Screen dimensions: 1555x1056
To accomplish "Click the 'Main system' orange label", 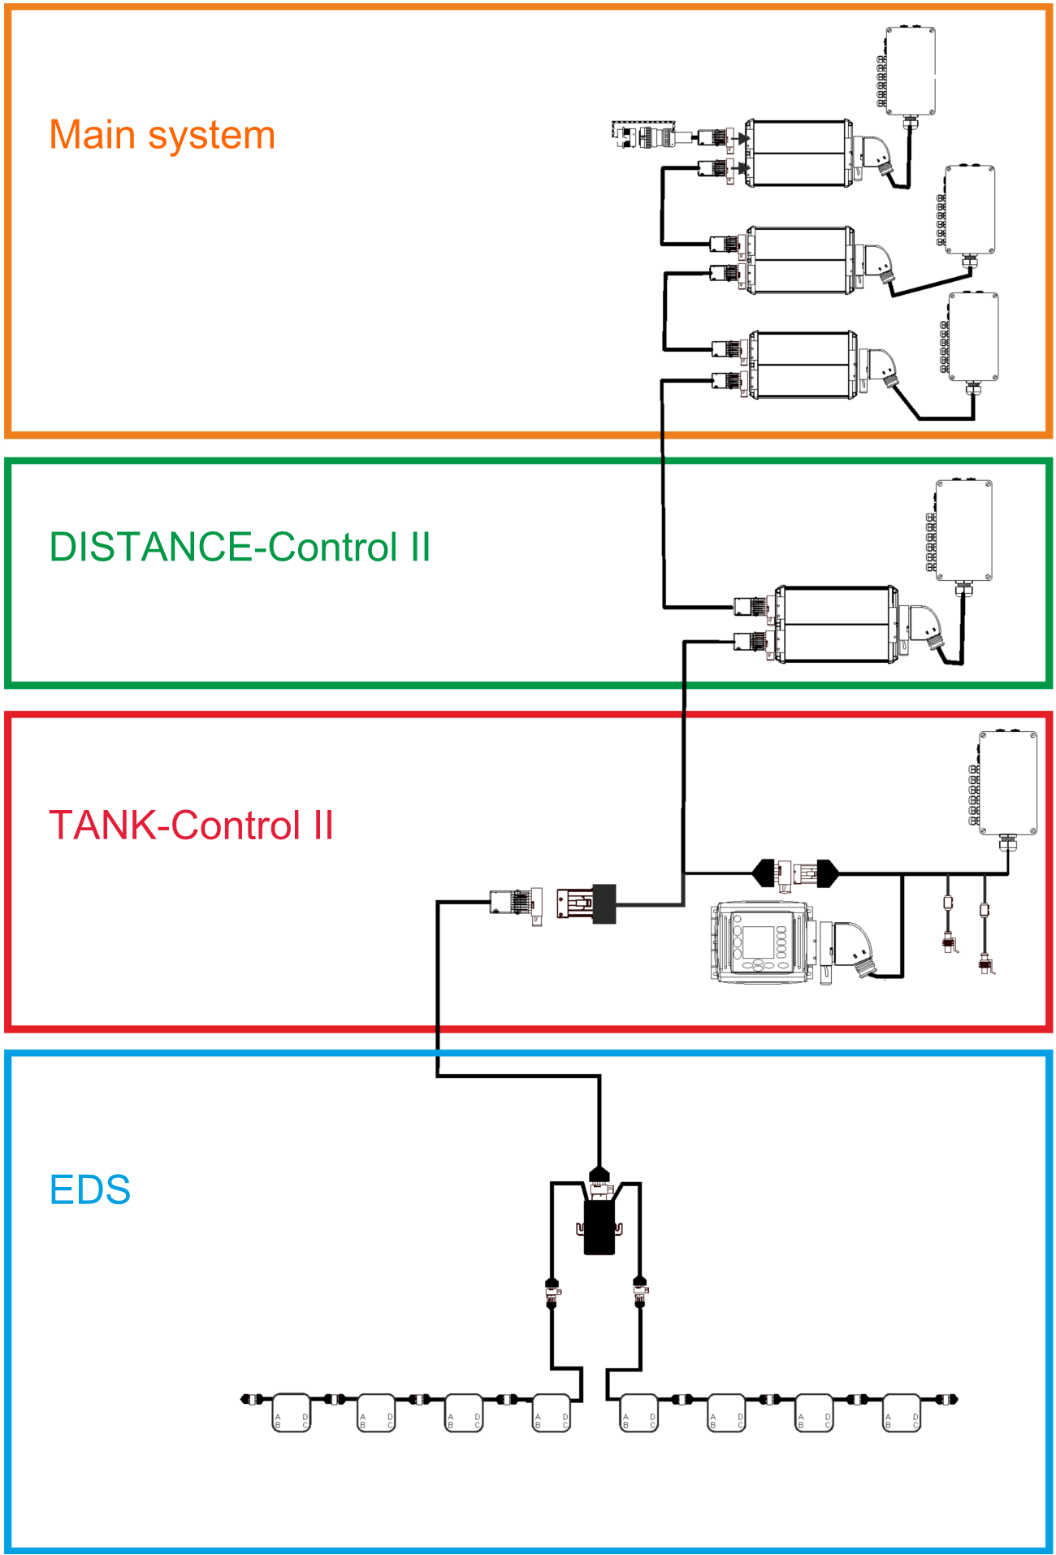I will click(162, 136).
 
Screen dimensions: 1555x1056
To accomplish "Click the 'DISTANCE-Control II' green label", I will click(240, 547).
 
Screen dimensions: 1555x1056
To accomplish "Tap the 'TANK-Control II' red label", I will click(191, 825).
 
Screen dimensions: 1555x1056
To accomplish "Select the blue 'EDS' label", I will click(90, 1190).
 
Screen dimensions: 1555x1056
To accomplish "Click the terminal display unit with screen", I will click(762, 942).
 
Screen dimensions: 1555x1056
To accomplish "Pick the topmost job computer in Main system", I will click(799, 154).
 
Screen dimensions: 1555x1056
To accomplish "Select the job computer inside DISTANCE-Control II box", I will click(837, 624).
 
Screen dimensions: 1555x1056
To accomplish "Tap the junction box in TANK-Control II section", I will click(1007, 783).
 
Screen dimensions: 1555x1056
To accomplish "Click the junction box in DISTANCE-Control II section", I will click(963, 531).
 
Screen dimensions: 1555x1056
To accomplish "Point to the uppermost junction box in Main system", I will click(910, 71).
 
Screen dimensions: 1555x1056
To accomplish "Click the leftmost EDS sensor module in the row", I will click(291, 1413).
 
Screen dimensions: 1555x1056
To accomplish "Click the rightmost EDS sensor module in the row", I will click(902, 1413).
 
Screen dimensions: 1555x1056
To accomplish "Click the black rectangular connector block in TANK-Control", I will click(604, 903).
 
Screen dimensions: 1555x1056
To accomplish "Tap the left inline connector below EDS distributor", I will click(552, 1292).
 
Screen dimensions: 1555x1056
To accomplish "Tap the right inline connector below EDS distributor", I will click(640, 1292).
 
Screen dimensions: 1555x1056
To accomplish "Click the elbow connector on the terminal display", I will click(853, 946).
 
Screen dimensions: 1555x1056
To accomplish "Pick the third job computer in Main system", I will click(803, 365).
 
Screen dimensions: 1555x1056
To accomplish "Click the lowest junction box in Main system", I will click(973, 337).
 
